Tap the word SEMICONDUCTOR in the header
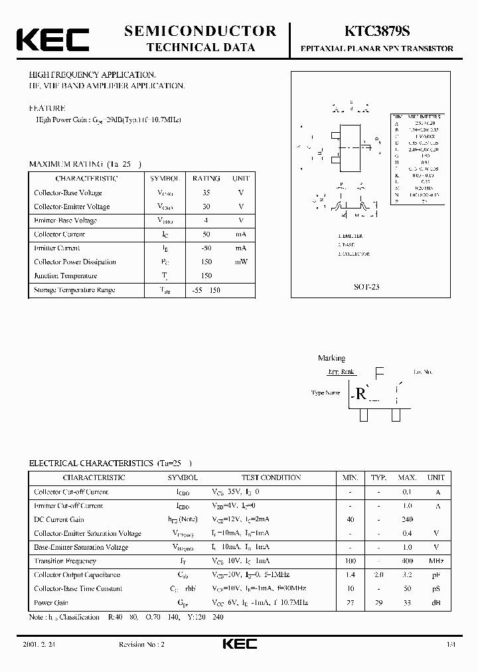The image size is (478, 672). click(200, 31)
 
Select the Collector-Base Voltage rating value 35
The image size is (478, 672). click(206, 193)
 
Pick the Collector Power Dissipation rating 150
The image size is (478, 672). click(206, 262)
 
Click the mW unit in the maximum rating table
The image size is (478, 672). click(240, 262)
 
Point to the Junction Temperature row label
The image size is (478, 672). click(66, 276)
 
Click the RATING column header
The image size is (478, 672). click(206, 178)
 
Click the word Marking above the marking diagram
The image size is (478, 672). click(331, 358)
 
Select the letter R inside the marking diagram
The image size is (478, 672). click(361, 393)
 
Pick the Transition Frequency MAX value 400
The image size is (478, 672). click(407, 561)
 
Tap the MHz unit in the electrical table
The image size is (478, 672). click(436, 561)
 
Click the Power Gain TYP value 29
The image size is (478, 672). click(378, 603)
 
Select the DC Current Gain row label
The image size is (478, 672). click(59, 519)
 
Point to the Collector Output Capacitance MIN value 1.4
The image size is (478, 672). click(350, 575)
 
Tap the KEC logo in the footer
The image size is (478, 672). click(238, 645)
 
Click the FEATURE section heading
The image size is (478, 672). click(46, 108)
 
